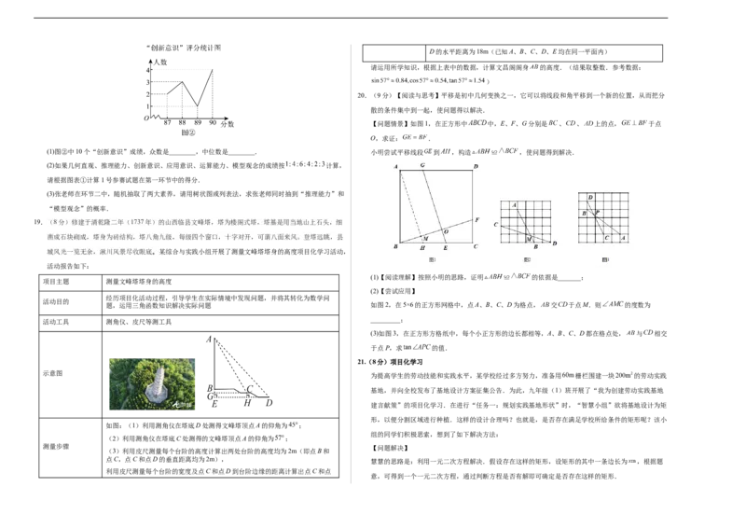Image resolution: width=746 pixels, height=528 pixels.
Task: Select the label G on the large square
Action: [422, 165]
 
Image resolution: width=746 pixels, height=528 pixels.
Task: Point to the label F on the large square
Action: [477, 220]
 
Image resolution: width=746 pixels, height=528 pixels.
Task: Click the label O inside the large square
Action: [446, 230]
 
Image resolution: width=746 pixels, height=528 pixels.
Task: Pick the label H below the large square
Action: [422, 249]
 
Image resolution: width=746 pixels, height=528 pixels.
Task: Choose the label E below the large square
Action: [445, 249]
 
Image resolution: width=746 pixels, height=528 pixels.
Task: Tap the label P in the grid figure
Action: [597, 213]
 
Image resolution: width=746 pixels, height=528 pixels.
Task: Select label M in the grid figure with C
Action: [528, 239]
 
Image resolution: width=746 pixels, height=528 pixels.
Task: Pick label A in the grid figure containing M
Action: [515, 203]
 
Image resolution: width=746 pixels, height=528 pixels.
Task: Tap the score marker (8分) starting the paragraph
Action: [59, 224]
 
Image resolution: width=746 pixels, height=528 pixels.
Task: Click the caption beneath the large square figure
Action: [432, 261]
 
